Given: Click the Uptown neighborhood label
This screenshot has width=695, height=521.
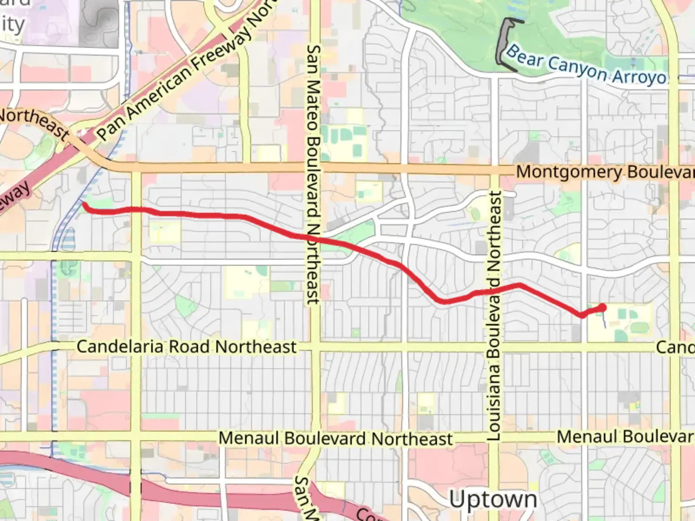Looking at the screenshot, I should (x=493, y=500).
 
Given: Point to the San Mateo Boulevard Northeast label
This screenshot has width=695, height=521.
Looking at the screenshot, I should (x=314, y=174).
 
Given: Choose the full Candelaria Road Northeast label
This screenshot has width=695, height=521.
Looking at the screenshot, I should (x=186, y=347).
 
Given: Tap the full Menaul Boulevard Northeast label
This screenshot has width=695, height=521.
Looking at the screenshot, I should (x=335, y=439).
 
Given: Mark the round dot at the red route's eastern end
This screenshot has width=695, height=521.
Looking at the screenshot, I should (x=602, y=307).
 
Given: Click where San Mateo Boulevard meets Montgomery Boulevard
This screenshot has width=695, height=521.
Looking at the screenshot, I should (x=315, y=167).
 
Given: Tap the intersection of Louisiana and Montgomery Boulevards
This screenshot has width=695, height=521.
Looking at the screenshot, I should (x=494, y=169).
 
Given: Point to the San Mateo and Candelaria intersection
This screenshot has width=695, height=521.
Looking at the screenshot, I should (x=315, y=347).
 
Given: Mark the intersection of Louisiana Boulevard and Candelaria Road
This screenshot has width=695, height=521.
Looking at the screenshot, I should (x=494, y=347).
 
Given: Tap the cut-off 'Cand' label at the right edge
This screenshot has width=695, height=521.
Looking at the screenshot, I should (x=675, y=347).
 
